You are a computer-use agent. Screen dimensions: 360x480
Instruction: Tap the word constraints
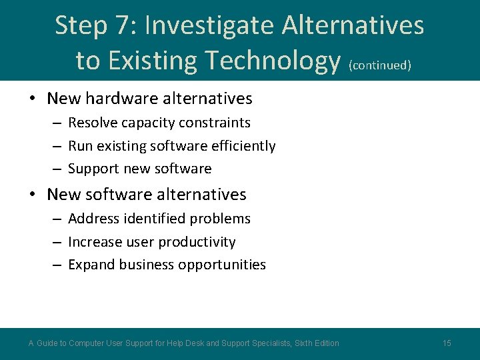219,123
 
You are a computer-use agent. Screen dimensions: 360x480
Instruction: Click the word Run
80,146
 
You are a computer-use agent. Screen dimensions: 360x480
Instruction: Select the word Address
93,219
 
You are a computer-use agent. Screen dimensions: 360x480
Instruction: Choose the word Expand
91,265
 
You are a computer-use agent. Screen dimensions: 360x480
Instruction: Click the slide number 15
447,343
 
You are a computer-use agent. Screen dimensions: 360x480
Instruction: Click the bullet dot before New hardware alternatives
32,99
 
